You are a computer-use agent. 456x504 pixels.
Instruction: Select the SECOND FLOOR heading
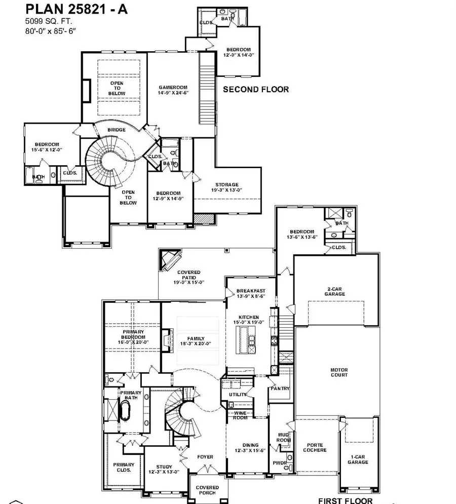click(x=256, y=89)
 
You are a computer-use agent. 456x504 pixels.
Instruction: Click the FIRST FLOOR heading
click(x=345, y=500)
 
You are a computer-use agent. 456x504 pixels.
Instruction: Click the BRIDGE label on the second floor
click(x=117, y=130)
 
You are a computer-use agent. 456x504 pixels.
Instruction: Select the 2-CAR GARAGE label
click(x=335, y=292)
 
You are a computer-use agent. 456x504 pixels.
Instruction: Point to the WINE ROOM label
click(x=240, y=416)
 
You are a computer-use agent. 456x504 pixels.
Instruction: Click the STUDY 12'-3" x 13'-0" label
click(x=164, y=470)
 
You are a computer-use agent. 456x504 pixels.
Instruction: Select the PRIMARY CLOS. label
click(x=123, y=467)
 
